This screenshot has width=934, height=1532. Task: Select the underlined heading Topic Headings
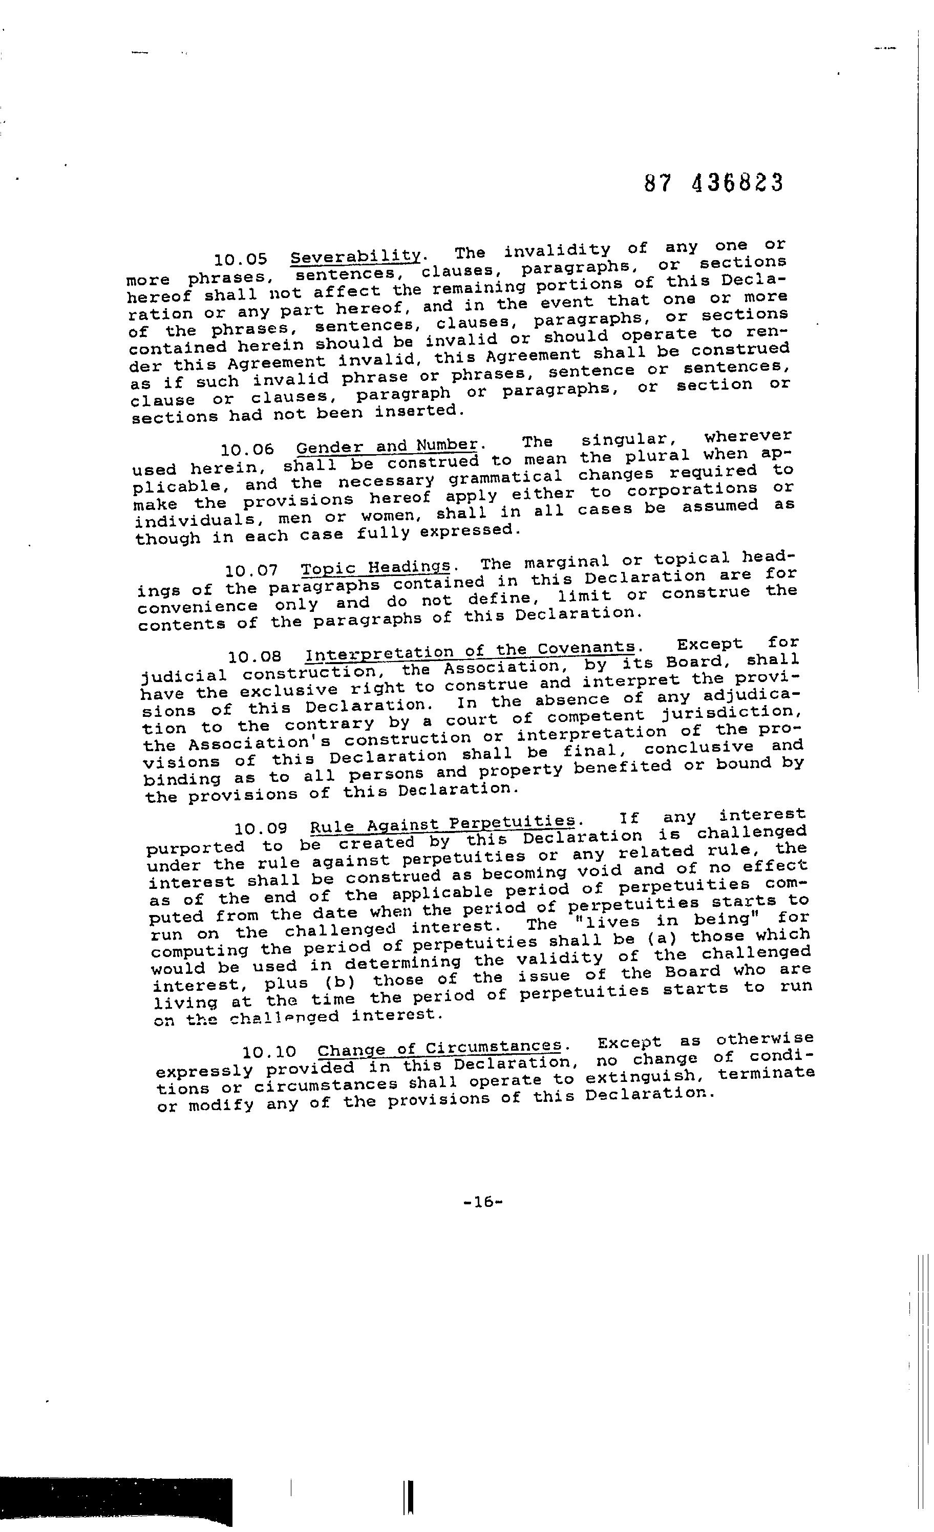coord(375,567)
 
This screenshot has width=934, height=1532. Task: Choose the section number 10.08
coord(255,656)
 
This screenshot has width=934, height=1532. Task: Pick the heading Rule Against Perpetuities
coord(442,824)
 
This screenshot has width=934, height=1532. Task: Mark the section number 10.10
coord(269,1052)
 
